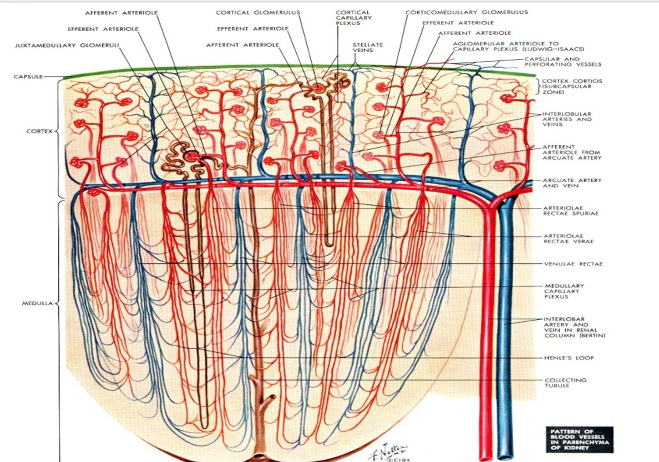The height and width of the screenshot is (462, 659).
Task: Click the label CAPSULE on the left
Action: (x=28, y=77)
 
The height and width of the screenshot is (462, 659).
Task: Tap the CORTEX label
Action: (x=39, y=131)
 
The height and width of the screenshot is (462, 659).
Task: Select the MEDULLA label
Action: (x=37, y=303)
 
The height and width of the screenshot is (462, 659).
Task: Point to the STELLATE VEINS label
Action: (x=368, y=47)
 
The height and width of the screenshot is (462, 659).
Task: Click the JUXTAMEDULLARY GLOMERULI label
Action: (x=67, y=45)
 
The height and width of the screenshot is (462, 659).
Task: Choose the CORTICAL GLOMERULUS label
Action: (x=258, y=12)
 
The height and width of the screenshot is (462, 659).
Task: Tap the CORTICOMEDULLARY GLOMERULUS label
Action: (x=466, y=12)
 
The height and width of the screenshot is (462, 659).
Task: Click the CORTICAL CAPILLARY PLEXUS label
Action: (x=354, y=18)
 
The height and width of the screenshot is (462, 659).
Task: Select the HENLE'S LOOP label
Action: (x=569, y=358)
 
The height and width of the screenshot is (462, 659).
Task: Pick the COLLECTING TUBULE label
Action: (x=565, y=382)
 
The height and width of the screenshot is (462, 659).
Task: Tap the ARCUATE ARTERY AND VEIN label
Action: (x=572, y=183)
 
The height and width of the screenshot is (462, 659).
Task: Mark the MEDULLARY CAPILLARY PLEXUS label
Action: (x=564, y=291)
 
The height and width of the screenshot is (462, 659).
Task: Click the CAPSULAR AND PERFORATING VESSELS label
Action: (x=563, y=62)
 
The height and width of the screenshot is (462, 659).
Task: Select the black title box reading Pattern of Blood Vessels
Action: (x=579, y=439)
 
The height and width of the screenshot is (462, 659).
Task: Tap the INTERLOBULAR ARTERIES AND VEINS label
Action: (x=567, y=119)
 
